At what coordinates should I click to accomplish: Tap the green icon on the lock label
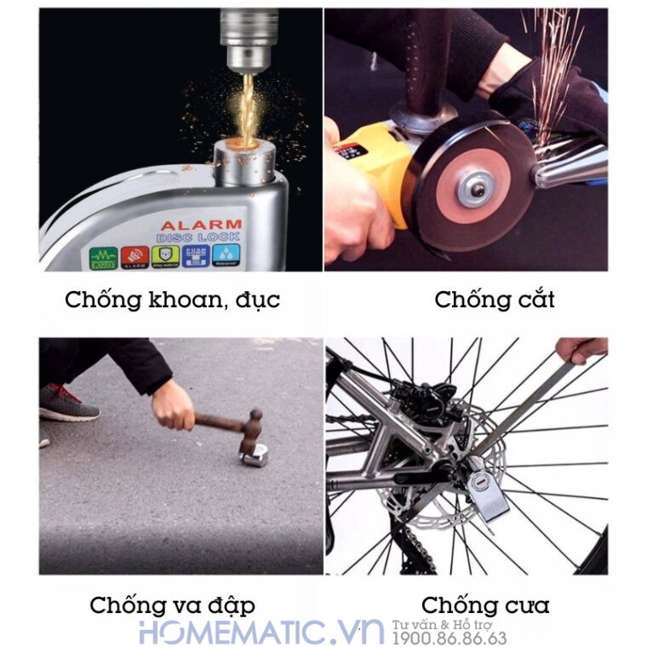(x=104, y=256)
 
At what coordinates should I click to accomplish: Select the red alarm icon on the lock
(x=135, y=255)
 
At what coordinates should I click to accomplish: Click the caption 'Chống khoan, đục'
(x=173, y=300)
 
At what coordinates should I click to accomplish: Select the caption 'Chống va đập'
(x=172, y=605)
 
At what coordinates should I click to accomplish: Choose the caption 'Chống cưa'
(x=485, y=605)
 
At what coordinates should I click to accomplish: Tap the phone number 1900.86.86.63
(x=449, y=638)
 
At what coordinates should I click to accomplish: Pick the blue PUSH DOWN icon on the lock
(x=196, y=255)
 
